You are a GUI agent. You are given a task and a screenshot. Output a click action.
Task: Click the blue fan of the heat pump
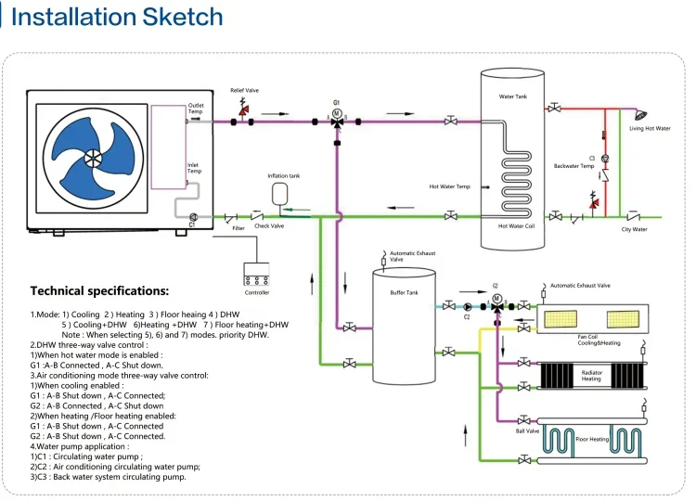point(93,156)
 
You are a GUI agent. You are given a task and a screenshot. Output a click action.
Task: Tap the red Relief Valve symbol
point(244,112)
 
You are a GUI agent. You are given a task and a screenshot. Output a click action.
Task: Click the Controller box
point(256,275)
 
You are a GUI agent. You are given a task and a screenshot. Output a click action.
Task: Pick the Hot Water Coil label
point(516,225)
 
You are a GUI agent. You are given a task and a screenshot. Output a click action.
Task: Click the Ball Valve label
point(527,430)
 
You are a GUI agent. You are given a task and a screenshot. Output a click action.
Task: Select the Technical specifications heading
point(99,290)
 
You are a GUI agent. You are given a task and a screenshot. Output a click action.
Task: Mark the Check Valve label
point(269,225)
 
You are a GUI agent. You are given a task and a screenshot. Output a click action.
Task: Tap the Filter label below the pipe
point(238,226)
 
